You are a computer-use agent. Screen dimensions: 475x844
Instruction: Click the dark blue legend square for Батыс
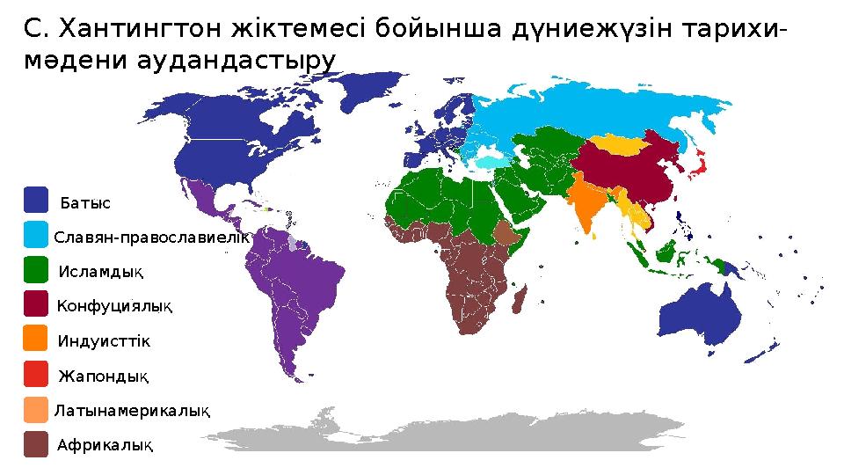coord(36,200)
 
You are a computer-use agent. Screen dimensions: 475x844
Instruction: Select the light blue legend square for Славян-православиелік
coord(36,235)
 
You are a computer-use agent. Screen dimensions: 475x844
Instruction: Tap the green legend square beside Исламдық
coord(36,269)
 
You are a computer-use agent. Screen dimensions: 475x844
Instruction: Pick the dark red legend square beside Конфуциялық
coord(36,304)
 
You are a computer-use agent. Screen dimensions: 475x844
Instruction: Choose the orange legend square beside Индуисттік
coord(36,339)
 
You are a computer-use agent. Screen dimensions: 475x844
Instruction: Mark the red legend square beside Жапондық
coord(36,375)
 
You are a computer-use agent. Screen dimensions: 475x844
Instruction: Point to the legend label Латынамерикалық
coord(133,411)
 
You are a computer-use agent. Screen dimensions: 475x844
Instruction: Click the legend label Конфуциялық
coord(115,306)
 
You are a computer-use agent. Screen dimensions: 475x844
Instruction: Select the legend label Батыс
coord(85,203)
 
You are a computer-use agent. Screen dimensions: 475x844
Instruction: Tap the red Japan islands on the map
coord(699,163)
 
